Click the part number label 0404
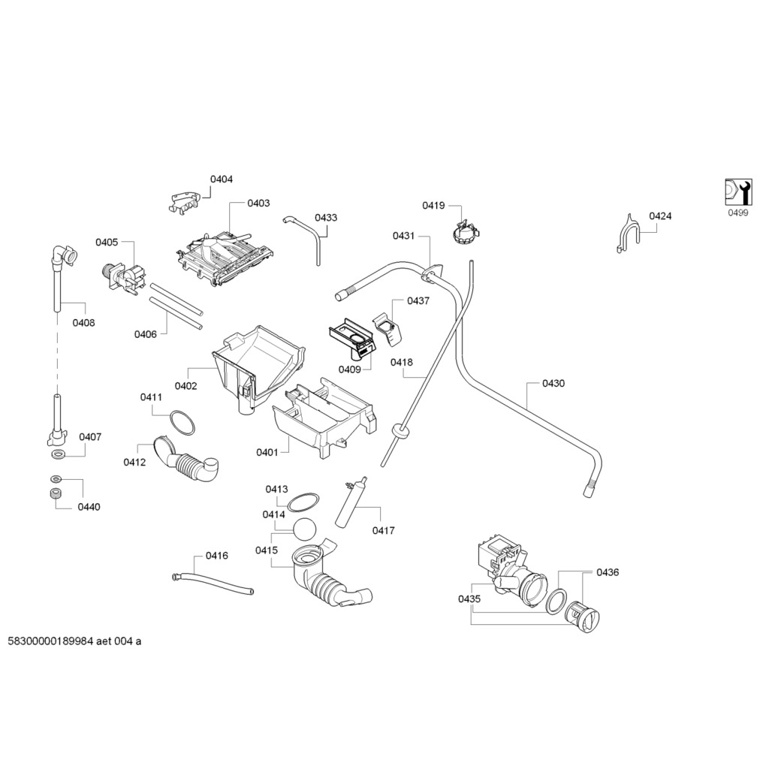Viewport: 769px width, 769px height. pyautogui.click(x=222, y=179)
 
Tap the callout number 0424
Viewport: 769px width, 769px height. pyautogui.click(x=660, y=216)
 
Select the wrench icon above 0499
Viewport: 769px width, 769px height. pyautogui.click(x=737, y=193)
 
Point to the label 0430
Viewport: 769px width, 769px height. pyautogui.click(x=553, y=384)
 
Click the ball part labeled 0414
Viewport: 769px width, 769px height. pyautogui.click(x=304, y=529)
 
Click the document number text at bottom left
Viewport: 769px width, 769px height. pyautogui.click(x=74, y=641)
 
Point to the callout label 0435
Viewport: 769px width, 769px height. pyautogui.click(x=469, y=599)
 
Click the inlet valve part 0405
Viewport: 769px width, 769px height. pyautogui.click(x=123, y=276)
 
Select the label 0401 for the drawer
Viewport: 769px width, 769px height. pyautogui.click(x=267, y=452)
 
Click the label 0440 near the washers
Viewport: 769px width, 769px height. pyautogui.click(x=89, y=507)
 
